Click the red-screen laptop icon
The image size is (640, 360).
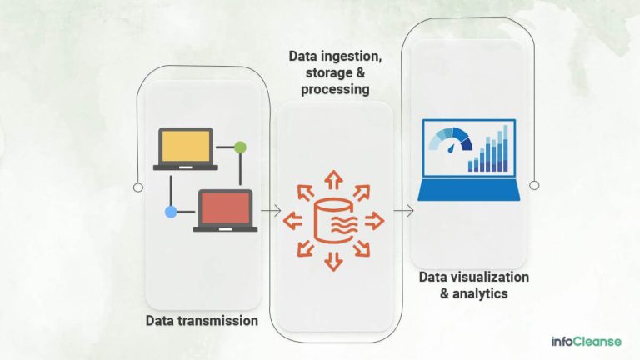coord(225,209)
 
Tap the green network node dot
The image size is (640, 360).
coord(241,147)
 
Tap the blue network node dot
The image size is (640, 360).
coord(171,212)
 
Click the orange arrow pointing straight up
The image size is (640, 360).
coord(333,178)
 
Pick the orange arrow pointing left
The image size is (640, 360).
coord(292,221)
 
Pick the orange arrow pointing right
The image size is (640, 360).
coord(374,221)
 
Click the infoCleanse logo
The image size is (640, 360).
coord(586,341)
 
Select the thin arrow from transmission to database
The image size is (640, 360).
coord(269,212)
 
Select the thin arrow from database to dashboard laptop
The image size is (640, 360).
coord(403,212)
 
